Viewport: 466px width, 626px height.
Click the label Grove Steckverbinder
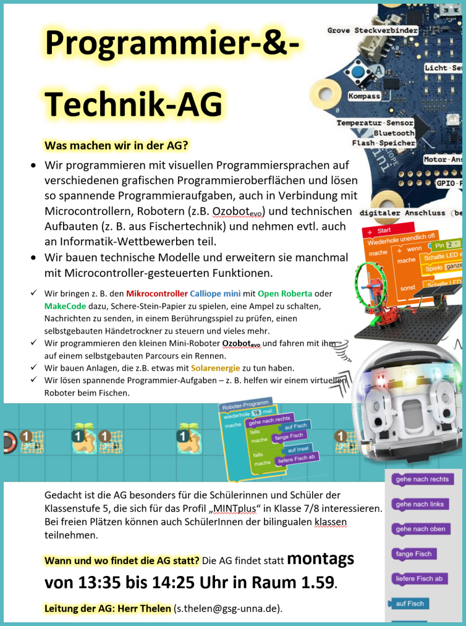[x=372, y=30]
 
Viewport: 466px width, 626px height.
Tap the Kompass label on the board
[x=364, y=96]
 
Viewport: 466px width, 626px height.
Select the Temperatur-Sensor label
[x=375, y=123]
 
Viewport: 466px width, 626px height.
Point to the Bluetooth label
[x=394, y=133]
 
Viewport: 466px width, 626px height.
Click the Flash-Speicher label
[x=383, y=143]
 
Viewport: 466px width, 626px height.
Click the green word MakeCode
[x=66, y=306]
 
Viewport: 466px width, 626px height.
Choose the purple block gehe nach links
[x=420, y=504]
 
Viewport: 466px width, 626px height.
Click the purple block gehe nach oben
[x=420, y=529]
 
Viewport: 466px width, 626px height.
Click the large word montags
[x=320, y=559]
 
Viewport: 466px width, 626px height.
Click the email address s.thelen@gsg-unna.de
[x=227, y=609]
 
